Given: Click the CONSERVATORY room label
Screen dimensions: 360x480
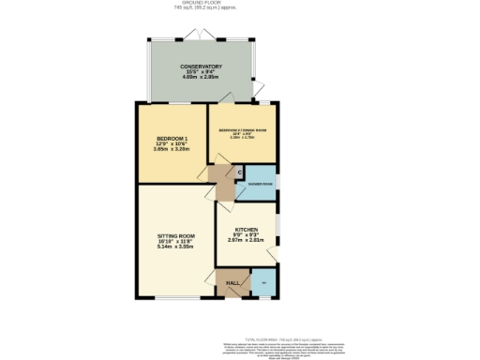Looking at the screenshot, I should coord(202,67).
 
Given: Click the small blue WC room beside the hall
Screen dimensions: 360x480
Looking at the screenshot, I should coord(263,283).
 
